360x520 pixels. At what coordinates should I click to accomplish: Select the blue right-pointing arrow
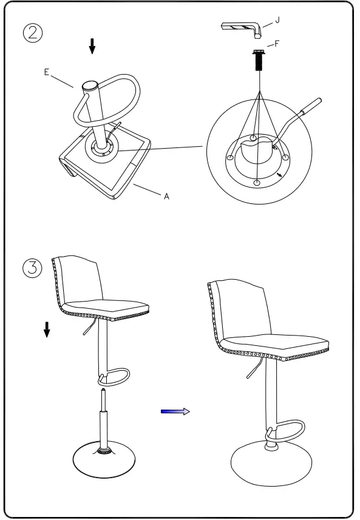(175, 411)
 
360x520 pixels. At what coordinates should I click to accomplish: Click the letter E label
(46, 72)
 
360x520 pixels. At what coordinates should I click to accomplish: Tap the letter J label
(277, 20)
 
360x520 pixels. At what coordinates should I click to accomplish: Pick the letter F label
(277, 44)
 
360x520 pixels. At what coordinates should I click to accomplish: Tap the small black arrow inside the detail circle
(279, 175)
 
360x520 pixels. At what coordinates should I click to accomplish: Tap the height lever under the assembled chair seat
(253, 368)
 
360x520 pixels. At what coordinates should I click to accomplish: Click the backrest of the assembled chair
(238, 309)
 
